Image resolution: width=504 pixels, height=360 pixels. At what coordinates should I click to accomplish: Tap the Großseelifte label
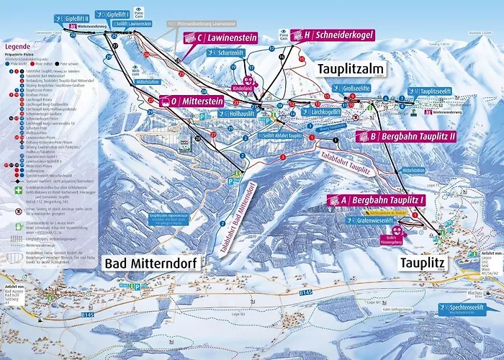pyautogui.click(x=355, y=88)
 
